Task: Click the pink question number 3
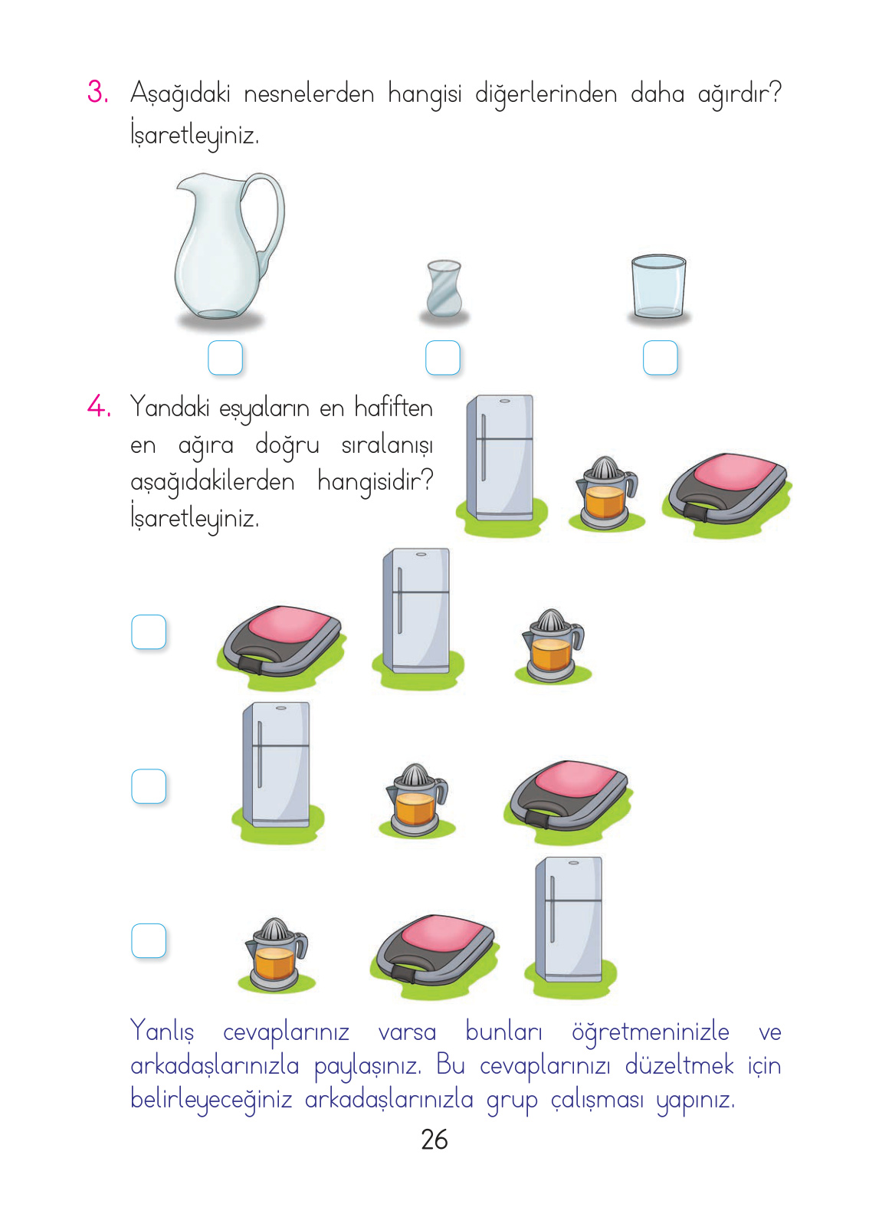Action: pyautogui.click(x=97, y=92)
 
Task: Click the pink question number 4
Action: pyautogui.click(x=99, y=406)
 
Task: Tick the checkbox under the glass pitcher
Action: pyautogui.click(x=225, y=358)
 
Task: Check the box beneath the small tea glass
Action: pyautogui.click(x=443, y=358)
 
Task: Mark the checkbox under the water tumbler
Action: pyautogui.click(x=660, y=358)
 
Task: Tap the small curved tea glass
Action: pyautogui.click(x=444, y=289)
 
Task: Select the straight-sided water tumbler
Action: pyautogui.click(x=658, y=286)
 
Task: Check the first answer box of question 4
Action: pyautogui.click(x=149, y=632)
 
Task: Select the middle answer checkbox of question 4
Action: pyautogui.click(x=149, y=786)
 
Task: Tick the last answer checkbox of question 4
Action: pyautogui.click(x=149, y=940)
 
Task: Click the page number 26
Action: pyautogui.click(x=434, y=1140)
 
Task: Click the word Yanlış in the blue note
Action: pyautogui.click(x=162, y=1032)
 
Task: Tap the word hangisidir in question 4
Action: pyautogui.click(x=375, y=482)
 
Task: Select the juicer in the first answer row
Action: pyautogui.click(x=552, y=644)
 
